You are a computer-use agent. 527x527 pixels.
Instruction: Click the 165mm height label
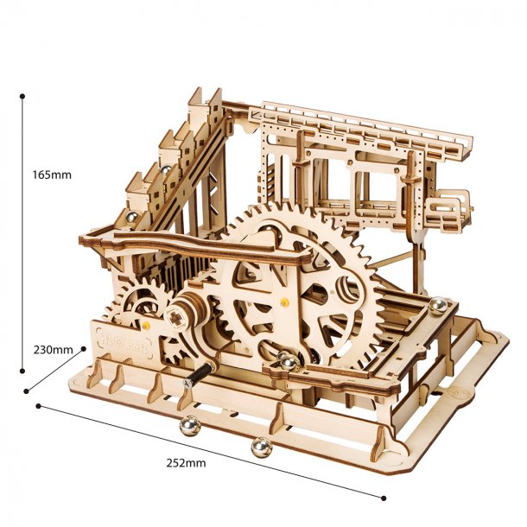(x=51, y=174)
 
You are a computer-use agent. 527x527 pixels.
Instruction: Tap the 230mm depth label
(x=53, y=350)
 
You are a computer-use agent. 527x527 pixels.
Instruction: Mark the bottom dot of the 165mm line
(x=22, y=371)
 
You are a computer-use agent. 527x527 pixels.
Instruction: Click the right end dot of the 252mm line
(x=384, y=497)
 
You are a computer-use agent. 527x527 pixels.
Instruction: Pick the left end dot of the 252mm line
(x=37, y=404)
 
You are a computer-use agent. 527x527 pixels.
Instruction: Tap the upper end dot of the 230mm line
(x=84, y=348)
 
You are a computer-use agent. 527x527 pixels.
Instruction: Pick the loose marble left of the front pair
(x=188, y=424)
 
